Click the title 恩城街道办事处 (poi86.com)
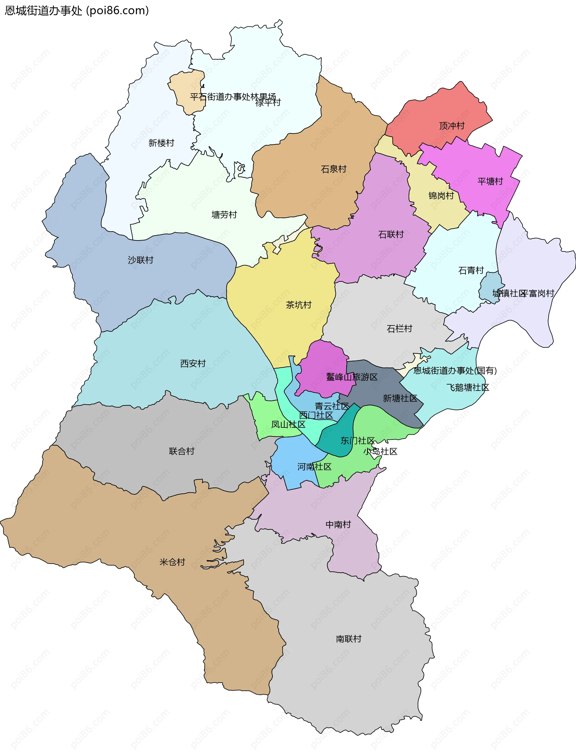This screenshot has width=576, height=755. pyautogui.click(x=77, y=10)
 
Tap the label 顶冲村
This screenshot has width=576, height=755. pyautogui.click(x=451, y=126)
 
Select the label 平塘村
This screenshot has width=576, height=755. pyautogui.click(x=490, y=181)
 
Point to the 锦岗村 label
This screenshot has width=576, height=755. pyautogui.click(x=441, y=196)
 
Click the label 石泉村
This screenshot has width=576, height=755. pyautogui.click(x=333, y=169)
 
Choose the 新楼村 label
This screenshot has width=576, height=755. pyautogui.click(x=161, y=143)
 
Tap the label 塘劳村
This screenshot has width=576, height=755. pyautogui.click(x=224, y=215)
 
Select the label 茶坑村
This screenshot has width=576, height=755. pyautogui.click(x=298, y=305)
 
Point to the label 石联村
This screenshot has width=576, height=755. pyautogui.click(x=391, y=234)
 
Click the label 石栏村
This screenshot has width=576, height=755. pyautogui.click(x=399, y=329)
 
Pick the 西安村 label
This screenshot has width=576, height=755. pyautogui.click(x=193, y=363)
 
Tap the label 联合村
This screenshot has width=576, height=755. pyautogui.click(x=181, y=451)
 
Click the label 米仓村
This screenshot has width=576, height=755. pyautogui.click(x=172, y=562)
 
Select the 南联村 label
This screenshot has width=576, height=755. pyautogui.click(x=348, y=639)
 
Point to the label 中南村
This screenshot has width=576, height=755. pyautogui.click(x=338, y=524)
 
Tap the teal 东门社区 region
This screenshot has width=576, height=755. pyautogui.click(x=338, y=435)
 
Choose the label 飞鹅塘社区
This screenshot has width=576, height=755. pyautogui.click(x=467, y=388)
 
